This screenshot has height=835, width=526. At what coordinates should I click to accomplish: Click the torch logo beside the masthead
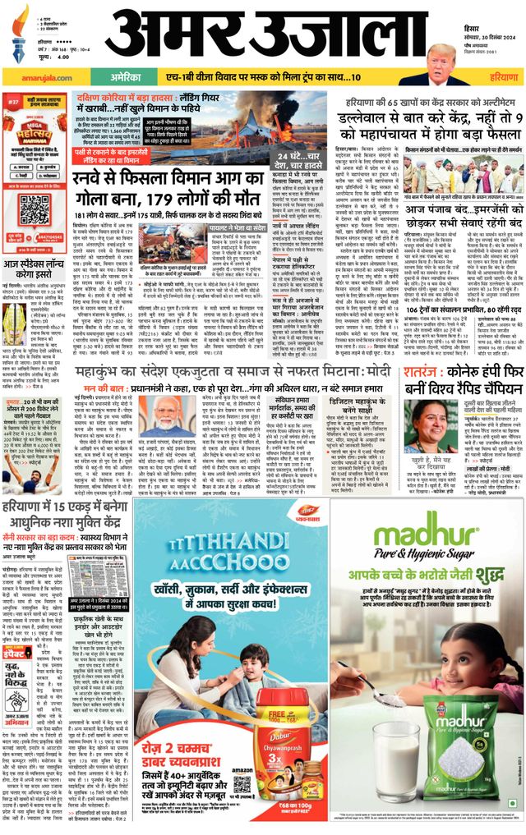[19, 33]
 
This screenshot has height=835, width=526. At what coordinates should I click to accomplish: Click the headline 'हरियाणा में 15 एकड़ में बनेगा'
[64, 509]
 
